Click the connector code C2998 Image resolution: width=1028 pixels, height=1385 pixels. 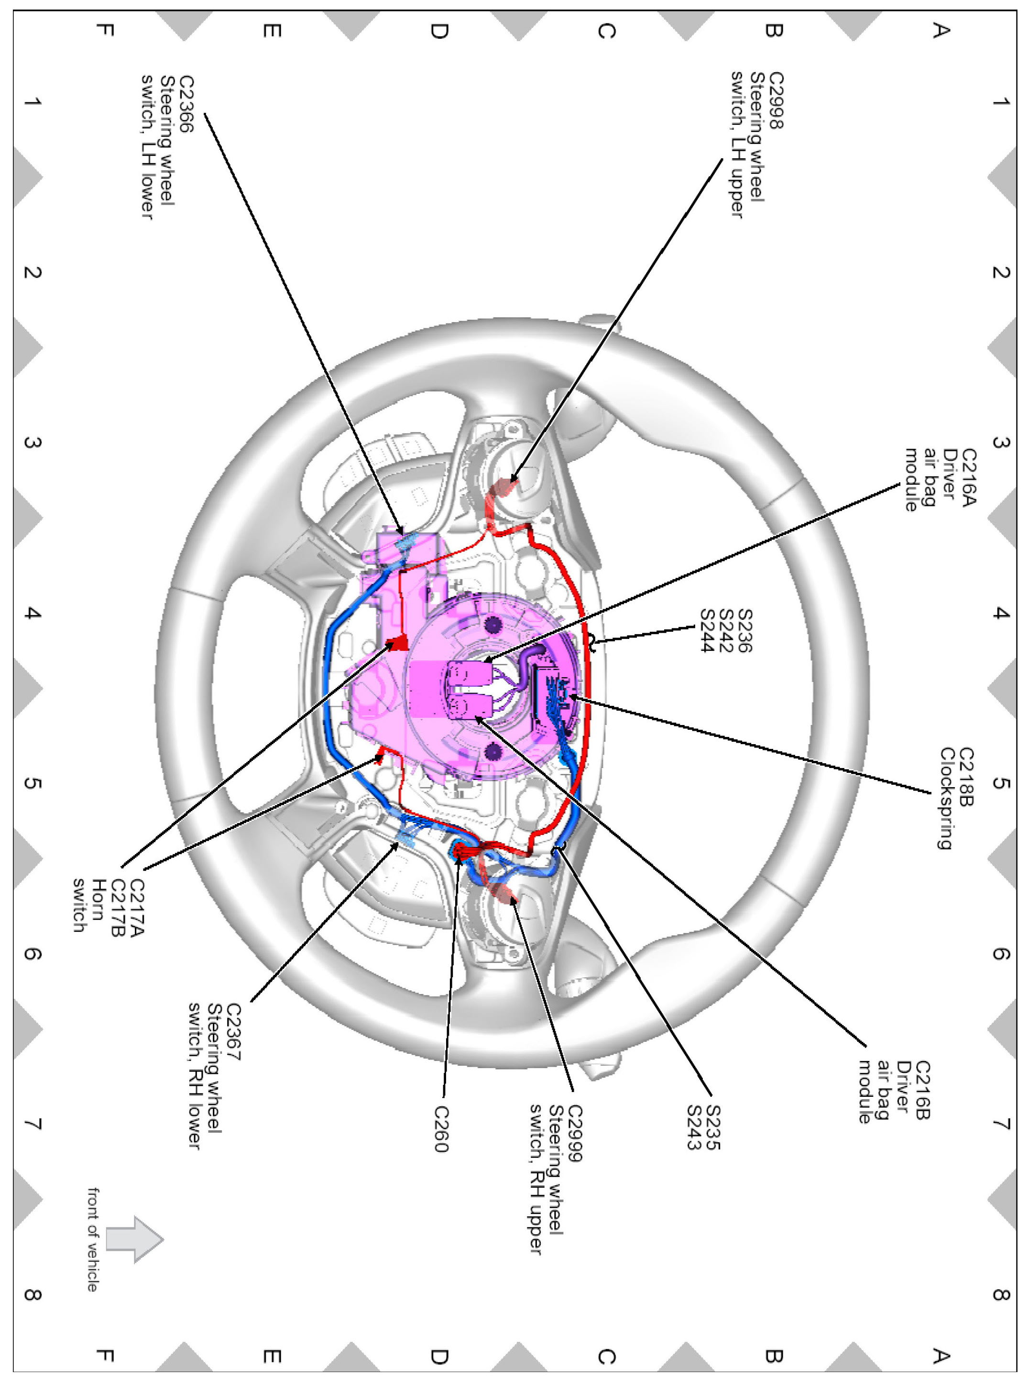(x=776, y=100)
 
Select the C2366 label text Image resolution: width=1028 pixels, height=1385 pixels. (x=186, y=103)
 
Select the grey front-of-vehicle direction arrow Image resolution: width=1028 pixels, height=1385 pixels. (x=134, y=1239)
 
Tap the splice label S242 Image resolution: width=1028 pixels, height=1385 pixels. (x=725, y=631)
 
